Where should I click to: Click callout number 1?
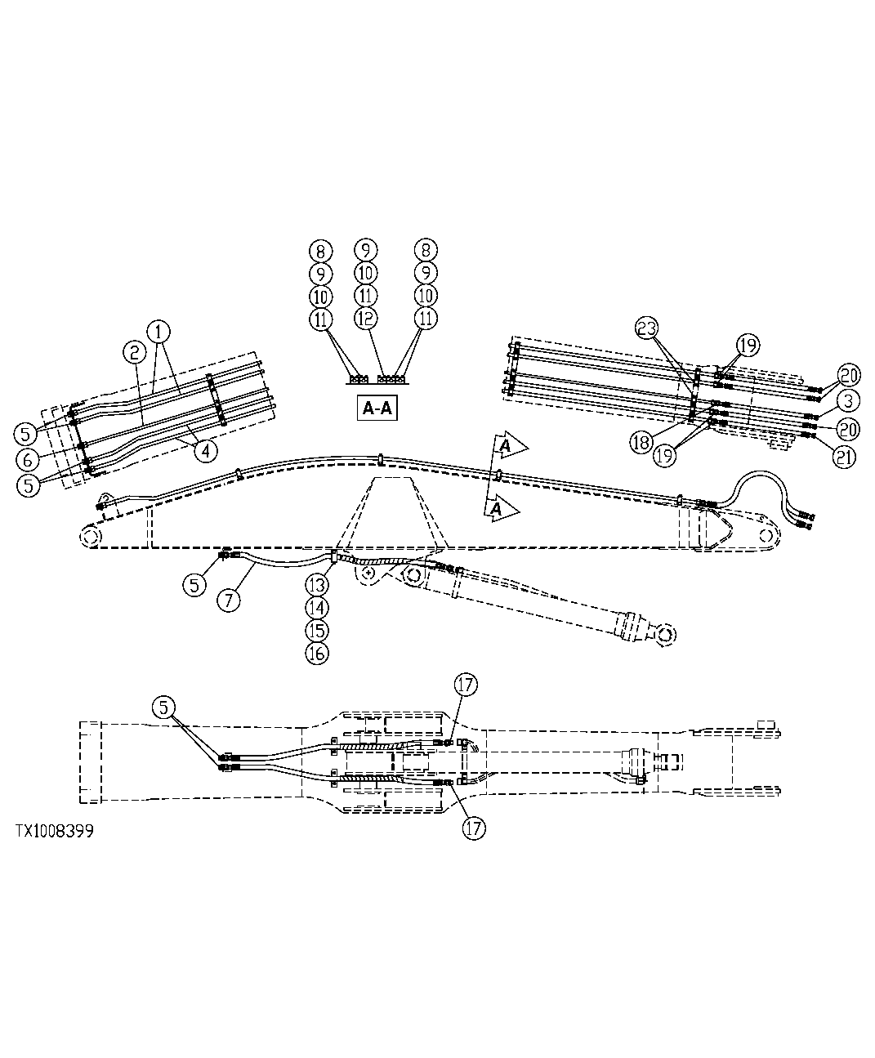158,331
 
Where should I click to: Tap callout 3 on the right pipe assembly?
847,400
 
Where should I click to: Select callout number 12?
366,318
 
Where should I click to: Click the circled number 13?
317,585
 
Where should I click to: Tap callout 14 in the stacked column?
317,608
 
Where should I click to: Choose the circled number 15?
317,631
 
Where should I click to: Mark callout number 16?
317,654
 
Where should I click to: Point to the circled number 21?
845,458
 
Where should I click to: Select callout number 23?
646,328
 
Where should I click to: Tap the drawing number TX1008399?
53,831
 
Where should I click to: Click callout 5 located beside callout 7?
194,585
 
